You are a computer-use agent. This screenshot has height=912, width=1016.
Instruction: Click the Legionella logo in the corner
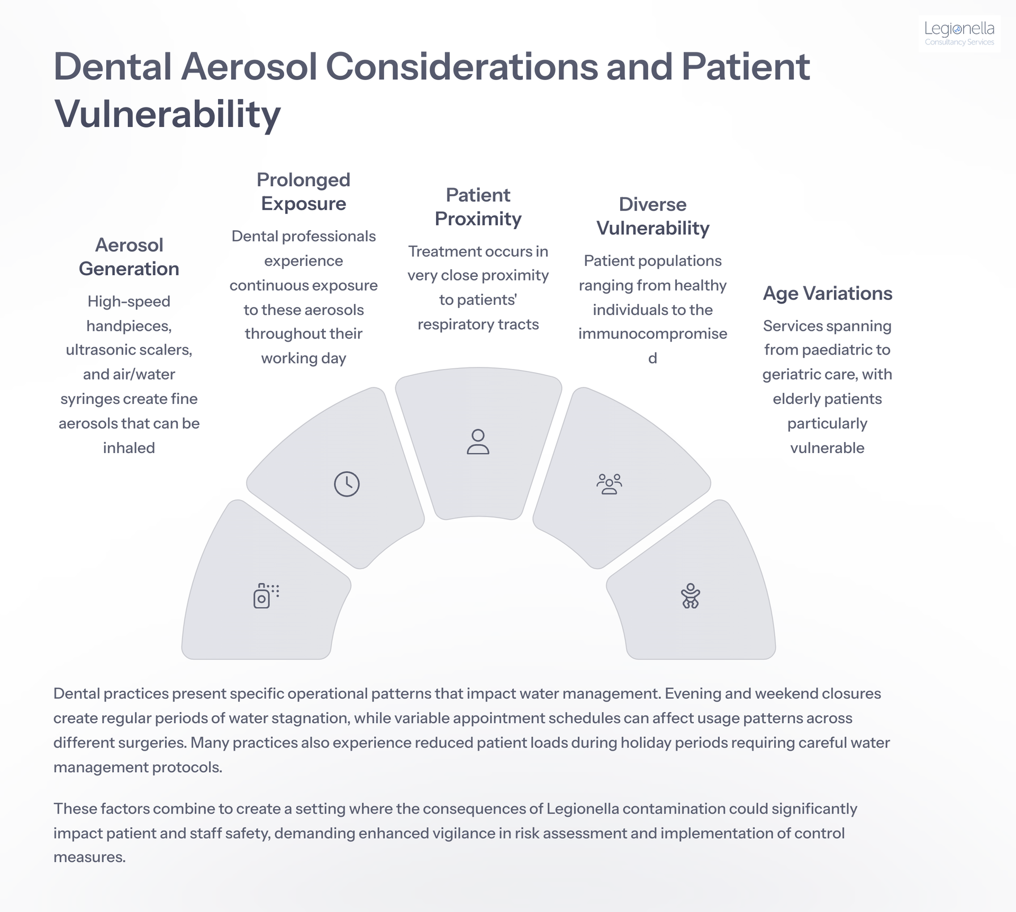pos(959,33)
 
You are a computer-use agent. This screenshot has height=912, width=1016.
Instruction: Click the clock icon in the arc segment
pos(347,484)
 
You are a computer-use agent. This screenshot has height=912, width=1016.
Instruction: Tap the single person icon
pos(478,442)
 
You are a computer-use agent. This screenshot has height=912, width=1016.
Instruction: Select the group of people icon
pos(609,484)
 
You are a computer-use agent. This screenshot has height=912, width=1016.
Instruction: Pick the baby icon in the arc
pos(691,595)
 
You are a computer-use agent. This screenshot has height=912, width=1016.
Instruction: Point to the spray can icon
pos(266,596)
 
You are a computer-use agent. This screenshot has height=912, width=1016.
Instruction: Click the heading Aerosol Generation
pos(129,257)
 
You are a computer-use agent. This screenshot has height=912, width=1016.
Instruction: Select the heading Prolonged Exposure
pos(304,192)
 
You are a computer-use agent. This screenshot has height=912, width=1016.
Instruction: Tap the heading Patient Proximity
pos(478,207)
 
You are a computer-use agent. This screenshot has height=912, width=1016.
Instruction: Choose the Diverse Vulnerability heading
pos(653,216)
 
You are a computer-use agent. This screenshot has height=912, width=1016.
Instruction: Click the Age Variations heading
pos(828,293)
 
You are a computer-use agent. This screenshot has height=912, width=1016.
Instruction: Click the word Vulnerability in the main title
pos(167,114)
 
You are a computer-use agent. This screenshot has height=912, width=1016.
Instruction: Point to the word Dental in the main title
pos(113,67)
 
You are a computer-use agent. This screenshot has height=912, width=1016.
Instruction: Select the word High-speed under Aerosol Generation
pos(129,302)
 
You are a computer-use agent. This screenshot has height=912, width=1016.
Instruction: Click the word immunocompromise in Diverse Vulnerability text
pos(653,334)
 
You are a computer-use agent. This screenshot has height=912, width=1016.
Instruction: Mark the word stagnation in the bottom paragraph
pos(306,718)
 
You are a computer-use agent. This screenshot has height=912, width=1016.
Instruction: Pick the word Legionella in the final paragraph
pos(583,809)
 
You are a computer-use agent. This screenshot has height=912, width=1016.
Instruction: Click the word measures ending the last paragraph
pos(89,857)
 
